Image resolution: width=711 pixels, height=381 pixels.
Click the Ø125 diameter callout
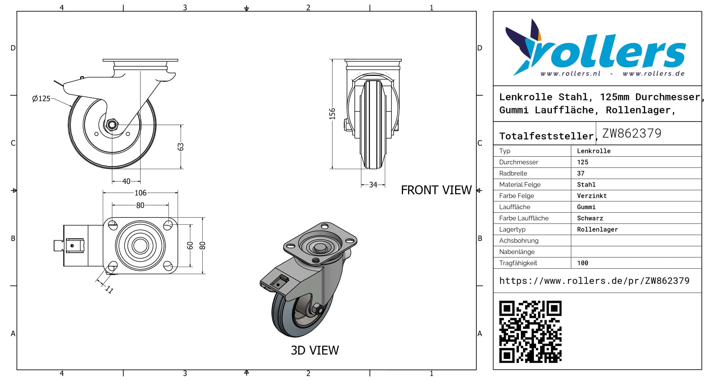pos(41,99)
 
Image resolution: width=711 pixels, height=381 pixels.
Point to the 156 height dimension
pos(332,114)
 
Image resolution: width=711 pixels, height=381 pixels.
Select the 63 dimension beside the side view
pos(181,147)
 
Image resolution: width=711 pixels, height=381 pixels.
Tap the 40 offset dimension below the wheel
pos(126,181)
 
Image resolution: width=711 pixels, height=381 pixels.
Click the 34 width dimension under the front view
pos(373,185)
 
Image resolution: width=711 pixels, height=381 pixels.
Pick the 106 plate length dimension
pos(140,193)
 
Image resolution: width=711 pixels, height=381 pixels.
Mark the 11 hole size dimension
pos(109,290)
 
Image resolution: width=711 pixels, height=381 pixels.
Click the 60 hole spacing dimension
pos(190,246)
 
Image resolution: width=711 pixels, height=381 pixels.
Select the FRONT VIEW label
pos(436,190)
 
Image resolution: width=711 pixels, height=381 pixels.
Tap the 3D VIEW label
pos(315,350)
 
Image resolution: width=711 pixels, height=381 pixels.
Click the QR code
pos(530,332)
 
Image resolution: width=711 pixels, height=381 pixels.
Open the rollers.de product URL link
pos(594,281)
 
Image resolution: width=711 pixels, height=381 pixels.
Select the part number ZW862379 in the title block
pos(632,133)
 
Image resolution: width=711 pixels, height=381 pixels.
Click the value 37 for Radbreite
pos(581,173)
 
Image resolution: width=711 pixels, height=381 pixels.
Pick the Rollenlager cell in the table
pos(597,229)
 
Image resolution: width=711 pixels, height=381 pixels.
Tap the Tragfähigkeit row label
pos(518,263)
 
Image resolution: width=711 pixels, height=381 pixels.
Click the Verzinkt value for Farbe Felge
pos(592,196)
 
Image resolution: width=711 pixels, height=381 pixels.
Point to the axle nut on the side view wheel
pos(111,125)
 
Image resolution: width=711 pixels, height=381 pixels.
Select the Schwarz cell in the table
pos(590,218)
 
